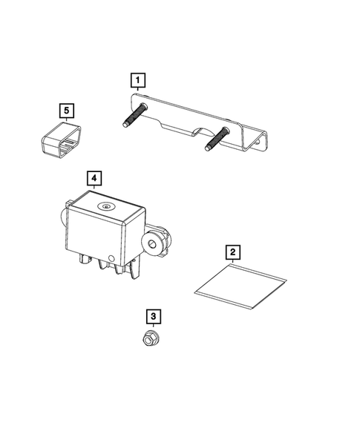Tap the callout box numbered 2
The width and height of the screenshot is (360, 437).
click(x=232, y=252)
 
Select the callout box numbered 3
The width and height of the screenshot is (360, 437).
click(x=153, y=318)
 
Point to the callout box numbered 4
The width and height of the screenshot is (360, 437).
click(x=94, y=178)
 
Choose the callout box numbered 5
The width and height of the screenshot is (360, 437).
click(x=67, y=111)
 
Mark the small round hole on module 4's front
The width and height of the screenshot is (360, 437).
click(x=112, y=259)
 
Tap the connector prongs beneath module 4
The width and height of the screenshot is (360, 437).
click(x=111, y=269)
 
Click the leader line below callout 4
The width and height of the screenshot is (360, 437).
click(x=94, y=190)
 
